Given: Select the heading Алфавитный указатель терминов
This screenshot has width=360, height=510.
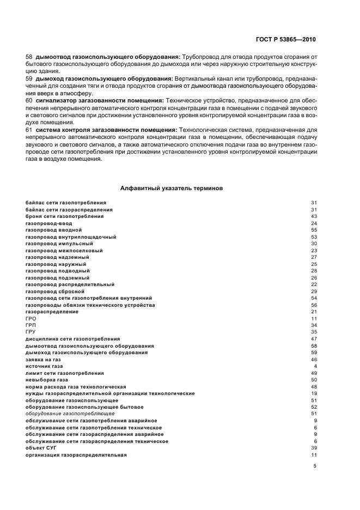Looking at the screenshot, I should pyautogui.click(x=171, y=188).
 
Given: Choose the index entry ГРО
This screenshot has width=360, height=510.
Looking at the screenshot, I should pyautogui.click(x=30, y=318).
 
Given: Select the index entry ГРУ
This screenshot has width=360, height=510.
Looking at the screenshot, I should pyautogui.click(x=30, y=331).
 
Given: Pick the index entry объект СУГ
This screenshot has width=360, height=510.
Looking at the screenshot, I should pyautogui.click(x=41, y=448).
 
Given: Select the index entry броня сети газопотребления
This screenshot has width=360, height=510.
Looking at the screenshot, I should pyautogui.click(x=64, y=216).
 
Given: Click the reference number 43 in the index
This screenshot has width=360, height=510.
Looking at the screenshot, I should pyautogui.click(x=314, y=216).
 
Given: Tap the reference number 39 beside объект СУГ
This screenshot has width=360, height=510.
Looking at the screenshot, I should pyautogui.click(x=314, y=448).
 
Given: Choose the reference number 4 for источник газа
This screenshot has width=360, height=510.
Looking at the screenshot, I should pyautogui.click(x=315, y=367).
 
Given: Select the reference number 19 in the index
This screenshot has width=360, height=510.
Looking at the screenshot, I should pyautogui.click(x=314, y=393).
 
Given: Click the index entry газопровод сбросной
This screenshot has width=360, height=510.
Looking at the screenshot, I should pyautogui.click(x=55, y=292).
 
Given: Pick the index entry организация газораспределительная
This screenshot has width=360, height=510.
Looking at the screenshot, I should pyautogui.click(x=76, y=455).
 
